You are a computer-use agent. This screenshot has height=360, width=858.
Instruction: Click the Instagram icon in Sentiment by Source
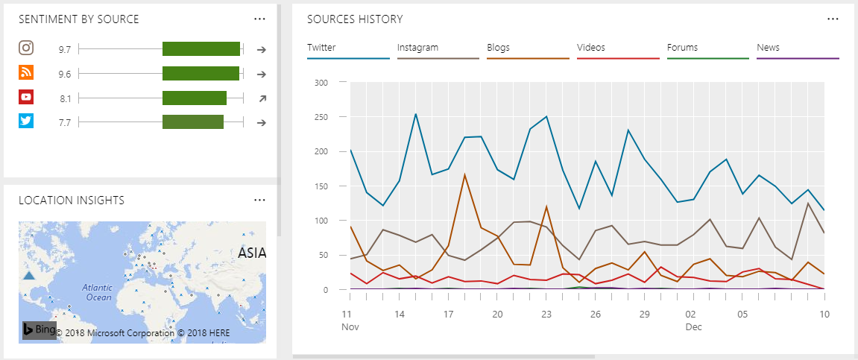(x=26, y=48)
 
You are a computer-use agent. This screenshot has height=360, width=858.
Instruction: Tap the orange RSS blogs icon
(x=26, y=73)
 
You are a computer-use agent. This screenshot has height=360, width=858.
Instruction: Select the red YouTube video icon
(x=26, y=97)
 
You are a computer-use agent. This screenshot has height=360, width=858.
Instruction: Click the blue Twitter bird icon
(x=26, y=121)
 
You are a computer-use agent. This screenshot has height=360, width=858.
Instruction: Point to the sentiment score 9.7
(x=65, y=50)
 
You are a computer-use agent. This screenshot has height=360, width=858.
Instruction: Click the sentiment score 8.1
(x=65, y=98)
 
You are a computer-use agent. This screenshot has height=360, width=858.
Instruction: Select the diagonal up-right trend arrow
(x=262, y=98)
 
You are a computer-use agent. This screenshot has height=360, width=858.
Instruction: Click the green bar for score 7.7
(x=193, y=122)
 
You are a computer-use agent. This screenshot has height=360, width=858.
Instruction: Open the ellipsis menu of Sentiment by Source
(x=259, y=19)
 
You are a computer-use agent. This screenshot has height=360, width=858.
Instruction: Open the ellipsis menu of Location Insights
(x=259, y=200)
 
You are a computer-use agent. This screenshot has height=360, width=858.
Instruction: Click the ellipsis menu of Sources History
(x=833, y=19)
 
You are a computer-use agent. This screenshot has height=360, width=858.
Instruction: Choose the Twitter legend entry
(x=321, y=48)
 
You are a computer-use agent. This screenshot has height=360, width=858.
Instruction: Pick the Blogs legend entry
(x=498, y=48)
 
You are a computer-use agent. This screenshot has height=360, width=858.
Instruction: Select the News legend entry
(x=768, y=48)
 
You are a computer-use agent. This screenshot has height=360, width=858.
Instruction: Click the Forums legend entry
(x=682, y=48)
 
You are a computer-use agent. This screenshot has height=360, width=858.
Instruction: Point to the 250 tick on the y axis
(x=321, y=117)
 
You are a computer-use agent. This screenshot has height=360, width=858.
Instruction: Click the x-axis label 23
(x=546, y=315)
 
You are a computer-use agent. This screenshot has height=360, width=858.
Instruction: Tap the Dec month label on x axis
(x=693, y=326)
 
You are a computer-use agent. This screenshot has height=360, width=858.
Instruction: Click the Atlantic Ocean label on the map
(x=97, y=292)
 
